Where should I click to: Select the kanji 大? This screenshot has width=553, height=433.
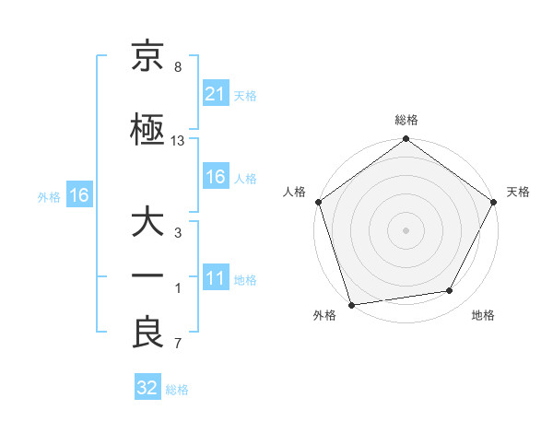point(147,225)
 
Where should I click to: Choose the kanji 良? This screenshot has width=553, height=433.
point(147,332)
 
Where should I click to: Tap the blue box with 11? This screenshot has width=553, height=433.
point(216,279)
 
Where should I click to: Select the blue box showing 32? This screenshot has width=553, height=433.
point(147,388)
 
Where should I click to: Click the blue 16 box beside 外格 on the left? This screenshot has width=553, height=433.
point(78,195)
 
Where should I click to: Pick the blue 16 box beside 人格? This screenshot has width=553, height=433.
point(216,178)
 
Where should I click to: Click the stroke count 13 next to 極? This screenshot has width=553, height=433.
point(178,141)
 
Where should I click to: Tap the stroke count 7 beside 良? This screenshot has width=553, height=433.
point(178,345)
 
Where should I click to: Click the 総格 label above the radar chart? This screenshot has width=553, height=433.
point(406,121)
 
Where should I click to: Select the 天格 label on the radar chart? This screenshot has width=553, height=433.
point(518,192)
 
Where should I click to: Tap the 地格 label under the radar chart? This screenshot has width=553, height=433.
point(483,316)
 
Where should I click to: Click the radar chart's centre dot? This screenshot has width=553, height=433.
point(406,229)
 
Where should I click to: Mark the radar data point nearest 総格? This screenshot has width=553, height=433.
point(406,141)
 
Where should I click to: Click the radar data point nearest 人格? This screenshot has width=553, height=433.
point(318,202)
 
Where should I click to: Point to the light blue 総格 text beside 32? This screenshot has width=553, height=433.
point(177,390)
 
